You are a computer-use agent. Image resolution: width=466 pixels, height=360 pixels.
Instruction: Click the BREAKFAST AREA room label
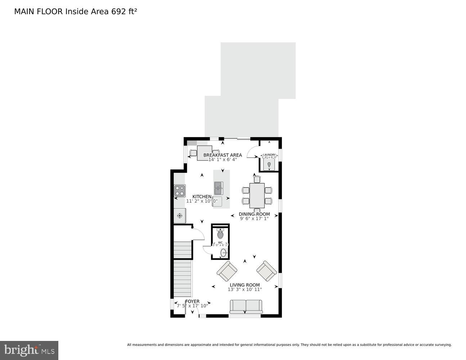click(x=223, y=155)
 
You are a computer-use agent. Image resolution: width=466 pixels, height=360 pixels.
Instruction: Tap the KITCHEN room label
click(x=202, y=197)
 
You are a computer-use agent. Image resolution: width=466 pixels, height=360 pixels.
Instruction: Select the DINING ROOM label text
click(x=254, y=214)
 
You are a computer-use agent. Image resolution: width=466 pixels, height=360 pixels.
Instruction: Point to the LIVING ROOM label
click(x=245, y=285)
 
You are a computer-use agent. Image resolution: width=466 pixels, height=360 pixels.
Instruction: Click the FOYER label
click(x=192, y=301)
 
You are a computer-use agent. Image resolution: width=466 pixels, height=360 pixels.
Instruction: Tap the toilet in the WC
click(x=220, y=235)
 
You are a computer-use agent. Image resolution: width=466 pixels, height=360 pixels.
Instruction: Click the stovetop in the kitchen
click(x=180, y=190)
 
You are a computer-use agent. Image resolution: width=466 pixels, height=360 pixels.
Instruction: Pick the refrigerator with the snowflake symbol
click(x=179, y=216)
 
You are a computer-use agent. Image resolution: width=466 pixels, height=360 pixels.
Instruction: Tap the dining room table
click(x=257, y=195)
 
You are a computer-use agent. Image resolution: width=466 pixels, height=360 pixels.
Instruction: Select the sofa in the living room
click(x=246, y=307)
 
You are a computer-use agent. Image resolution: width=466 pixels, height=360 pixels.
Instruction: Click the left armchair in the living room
click(x=227, y=271)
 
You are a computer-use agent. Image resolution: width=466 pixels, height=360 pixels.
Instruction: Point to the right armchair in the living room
click(x=267, y=271)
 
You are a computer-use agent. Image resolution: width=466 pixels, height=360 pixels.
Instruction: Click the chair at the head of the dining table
click(x=257, y=179)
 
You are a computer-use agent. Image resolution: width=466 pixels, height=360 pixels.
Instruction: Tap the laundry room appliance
click(x=269, y=165)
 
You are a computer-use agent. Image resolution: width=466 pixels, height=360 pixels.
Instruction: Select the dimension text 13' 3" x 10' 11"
click(x=245, y=289)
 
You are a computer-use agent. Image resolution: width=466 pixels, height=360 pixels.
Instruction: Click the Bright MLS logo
click(x=29, y=350)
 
